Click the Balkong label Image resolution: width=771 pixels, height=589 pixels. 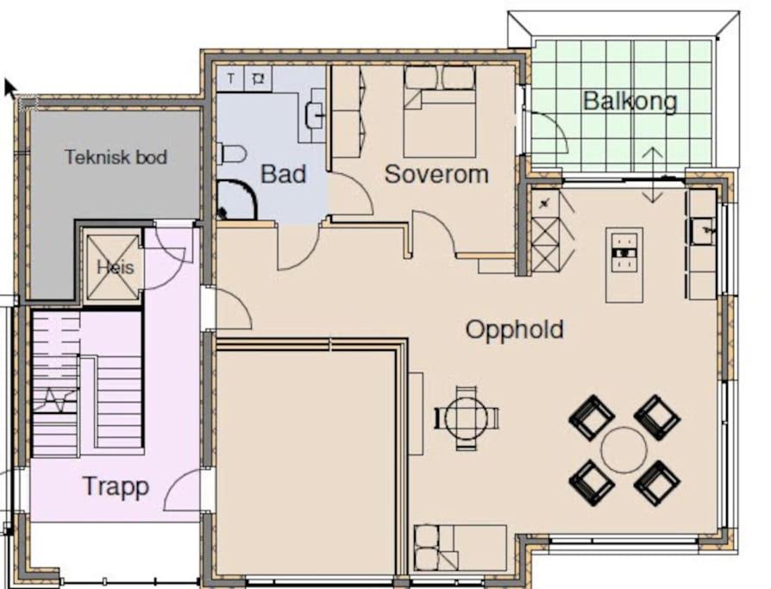[x=630, y=101]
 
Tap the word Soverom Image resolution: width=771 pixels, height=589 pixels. [x=436, y=174]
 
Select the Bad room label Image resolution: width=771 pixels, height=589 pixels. [x=283, y=174]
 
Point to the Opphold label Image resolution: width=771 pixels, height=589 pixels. [x=515, y=329]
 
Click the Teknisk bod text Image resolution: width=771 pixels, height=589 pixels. [x=116, y=157]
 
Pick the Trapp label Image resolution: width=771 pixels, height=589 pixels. [x=116, y=486]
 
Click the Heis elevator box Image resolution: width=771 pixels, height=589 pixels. [x=113, y=267]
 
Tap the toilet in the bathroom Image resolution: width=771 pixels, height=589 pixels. [x=231, y=154]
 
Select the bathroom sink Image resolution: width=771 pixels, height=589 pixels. [x=315, y=114]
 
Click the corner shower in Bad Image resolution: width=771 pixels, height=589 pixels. [x=236, y=199]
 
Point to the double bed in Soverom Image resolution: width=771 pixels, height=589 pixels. [x=440, y=111]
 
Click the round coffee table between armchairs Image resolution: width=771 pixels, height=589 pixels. [x=624, y=450]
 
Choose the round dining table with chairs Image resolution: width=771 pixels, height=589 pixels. [x=467, y=418]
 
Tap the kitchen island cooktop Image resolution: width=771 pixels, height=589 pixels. [x=624, y=252]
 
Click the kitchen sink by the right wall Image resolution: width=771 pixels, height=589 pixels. [x=703, y=231]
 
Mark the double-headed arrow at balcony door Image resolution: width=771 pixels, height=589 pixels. [x=653, y=175]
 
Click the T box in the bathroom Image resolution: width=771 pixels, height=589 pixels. [x=230, y=78]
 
